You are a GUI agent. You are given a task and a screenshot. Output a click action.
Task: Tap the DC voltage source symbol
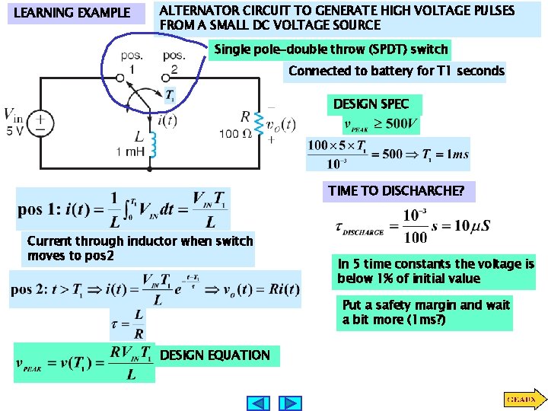click(x=41, y=123)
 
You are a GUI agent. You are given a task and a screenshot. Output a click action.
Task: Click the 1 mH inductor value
click(x=130, y=152)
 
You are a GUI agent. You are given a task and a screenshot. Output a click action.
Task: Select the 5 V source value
click(x=14, y=130)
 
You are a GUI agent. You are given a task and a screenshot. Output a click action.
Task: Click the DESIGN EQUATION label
click(x=215, y=355)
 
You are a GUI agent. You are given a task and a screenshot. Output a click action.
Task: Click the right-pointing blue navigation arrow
click(x=290, y=403)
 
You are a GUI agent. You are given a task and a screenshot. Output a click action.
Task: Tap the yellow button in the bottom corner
click(x=521, y=398)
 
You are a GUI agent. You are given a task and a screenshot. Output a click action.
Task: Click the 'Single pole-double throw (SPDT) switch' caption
click(x=330, y=49)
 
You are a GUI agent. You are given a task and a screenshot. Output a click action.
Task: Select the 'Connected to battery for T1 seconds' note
click(x=396, y=71)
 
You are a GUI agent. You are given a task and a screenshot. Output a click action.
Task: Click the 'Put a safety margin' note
click(x=426, y=312)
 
